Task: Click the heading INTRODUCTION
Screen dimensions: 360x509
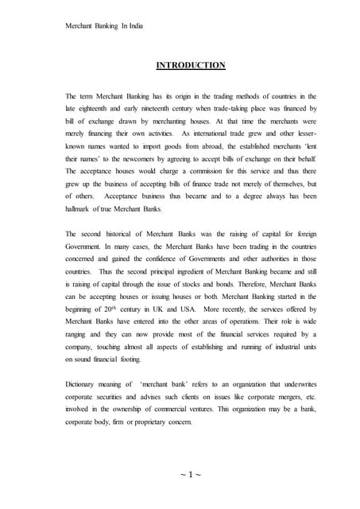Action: pos(180,65)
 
